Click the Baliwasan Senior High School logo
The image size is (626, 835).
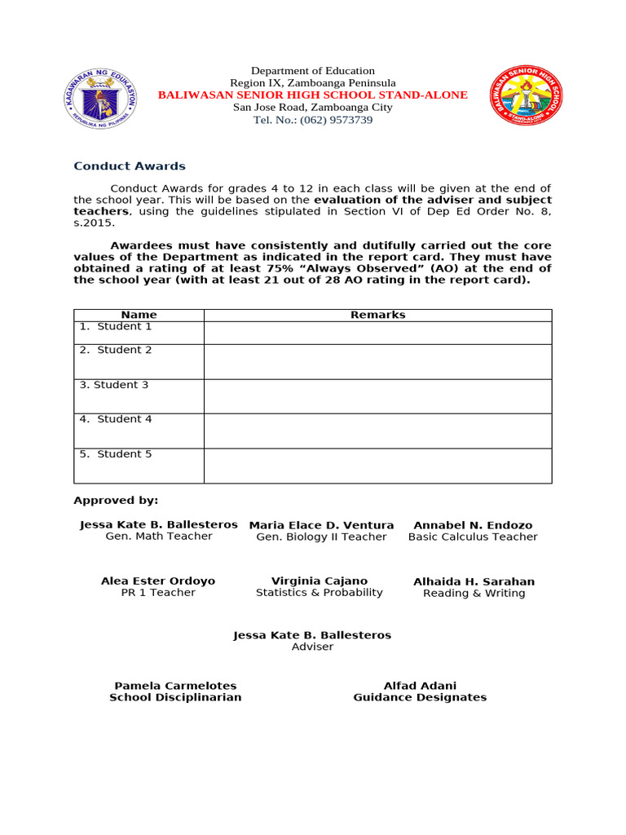(x=525, y=96)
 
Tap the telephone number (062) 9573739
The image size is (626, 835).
(x=313, y=120)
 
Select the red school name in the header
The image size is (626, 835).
(x=313, y=95)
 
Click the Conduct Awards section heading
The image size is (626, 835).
(x=130, y=166)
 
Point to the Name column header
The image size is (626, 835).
(x=139, y=315)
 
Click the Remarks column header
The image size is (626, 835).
(x=377, y=315)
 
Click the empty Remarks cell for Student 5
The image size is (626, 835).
(x=377, y=466)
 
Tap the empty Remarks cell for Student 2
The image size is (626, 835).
(x=377, y=361)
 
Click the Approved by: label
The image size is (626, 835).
(x=116, y=500)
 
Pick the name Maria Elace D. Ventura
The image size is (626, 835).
(x=321, y=525)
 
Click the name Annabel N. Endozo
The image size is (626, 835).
(x=473, y=525)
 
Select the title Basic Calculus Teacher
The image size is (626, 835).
(x=473, y=537)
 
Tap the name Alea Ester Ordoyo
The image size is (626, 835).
(x=158, y=581)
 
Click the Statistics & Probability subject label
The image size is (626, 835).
(x=319, y=593)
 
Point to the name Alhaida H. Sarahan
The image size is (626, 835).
(x=474, y=581)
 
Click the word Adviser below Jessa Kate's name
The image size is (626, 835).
(x=312, y=647)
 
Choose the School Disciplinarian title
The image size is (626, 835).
(x=175, y=698)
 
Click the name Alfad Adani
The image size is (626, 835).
(x=420, y=686)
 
